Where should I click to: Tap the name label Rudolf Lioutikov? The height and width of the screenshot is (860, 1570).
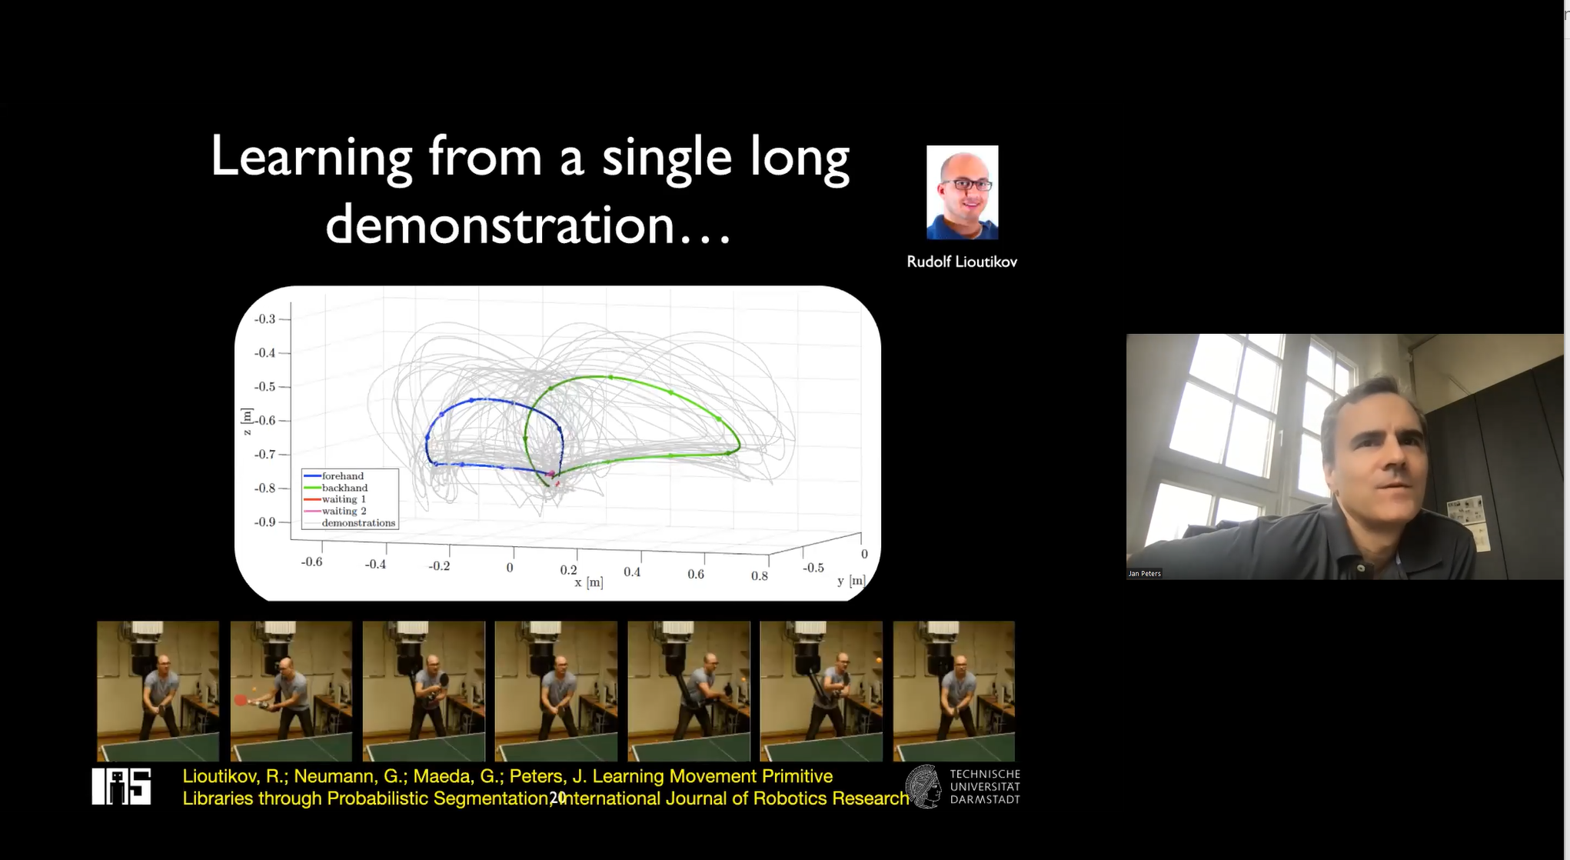click(962, 262)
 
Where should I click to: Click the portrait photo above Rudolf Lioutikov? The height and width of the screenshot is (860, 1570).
click(963, 192)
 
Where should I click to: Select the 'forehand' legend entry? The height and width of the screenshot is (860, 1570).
click(334, 476)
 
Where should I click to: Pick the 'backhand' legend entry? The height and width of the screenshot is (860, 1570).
click(336, 488)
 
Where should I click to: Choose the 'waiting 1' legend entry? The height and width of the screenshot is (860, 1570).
click(335, 499)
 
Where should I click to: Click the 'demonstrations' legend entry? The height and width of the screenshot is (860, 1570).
click(350, 523)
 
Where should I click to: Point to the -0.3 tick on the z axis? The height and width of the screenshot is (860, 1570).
click(265, 319)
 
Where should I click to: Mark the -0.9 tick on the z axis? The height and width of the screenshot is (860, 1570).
click(265, 522)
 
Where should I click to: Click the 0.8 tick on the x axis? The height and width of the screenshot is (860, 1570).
click(760, 575)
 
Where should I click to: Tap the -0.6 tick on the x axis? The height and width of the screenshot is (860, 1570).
click(311, 562)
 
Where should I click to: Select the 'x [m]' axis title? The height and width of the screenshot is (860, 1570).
click(589, 582)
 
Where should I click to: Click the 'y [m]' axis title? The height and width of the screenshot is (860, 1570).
click(851, 581)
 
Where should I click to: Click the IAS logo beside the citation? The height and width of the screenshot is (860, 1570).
click(121, 786)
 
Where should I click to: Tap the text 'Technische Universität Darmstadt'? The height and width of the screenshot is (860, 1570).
click(985, 786)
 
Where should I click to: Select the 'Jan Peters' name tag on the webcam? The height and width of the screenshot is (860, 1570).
click(1144, 573)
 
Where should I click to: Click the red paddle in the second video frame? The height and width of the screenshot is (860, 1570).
click(241, 700)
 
